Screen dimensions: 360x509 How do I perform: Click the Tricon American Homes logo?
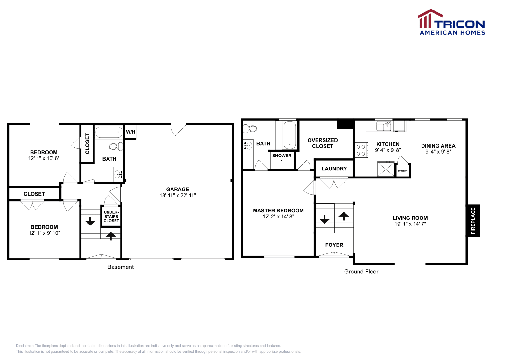(x=451, y=22)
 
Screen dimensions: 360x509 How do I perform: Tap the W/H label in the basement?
(x=130, y=132)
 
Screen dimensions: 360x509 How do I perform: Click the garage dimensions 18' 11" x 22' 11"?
(x=178, y=195)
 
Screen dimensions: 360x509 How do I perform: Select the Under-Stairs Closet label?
(x=111, y=217)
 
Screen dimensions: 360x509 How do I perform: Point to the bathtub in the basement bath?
(x=109, y=132)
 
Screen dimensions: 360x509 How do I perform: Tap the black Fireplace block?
(x=473, y=221)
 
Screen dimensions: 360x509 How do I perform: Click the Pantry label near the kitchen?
(x=402, y=171)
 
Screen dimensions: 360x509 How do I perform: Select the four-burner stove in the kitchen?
(x=361, y=150)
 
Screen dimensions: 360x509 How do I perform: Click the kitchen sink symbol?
(x=383, y=126)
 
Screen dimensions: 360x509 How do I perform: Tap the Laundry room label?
(x=334, y=169)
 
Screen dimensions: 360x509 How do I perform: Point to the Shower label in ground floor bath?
(x=282, y=156)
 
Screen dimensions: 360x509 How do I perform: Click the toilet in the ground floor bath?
(x=250, y=128)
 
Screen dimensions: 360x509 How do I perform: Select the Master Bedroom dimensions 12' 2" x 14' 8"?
(x=278, y=217)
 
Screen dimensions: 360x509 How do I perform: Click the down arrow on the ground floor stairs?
(x=324, y=219)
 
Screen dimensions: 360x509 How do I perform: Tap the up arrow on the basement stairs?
(x=111, y=236)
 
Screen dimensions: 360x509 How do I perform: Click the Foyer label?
(x=334, y=245)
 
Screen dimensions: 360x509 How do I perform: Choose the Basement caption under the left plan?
(x=120, y=267)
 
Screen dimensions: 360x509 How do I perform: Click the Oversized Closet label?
(x=323, y=143)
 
